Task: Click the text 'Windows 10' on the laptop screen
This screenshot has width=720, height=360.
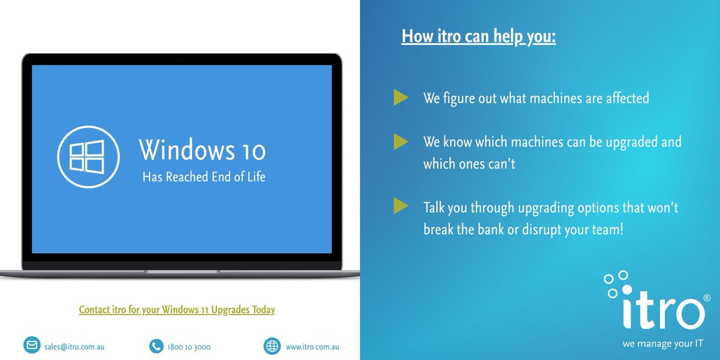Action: click(202, 150)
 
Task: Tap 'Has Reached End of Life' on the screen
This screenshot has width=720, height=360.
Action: click(203, 177)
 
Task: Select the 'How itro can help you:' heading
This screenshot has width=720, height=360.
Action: click(478, 36)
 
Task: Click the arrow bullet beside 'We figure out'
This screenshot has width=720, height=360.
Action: click(401, 97)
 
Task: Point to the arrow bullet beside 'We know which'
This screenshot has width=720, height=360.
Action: click(401, 142)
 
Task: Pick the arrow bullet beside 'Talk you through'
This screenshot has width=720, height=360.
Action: click(401, 207)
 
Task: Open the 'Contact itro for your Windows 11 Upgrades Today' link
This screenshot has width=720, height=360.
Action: click(177, 310)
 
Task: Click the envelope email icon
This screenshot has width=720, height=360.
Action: click(31, 346)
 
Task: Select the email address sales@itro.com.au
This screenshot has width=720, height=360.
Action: click(75, 347)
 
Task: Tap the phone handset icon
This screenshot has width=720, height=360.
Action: click(156, 346)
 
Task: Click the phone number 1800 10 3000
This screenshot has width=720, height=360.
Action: click(189, 347)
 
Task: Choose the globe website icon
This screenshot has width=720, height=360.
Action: click(272, 346)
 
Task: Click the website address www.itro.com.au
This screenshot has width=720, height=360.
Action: click(313, 347)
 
